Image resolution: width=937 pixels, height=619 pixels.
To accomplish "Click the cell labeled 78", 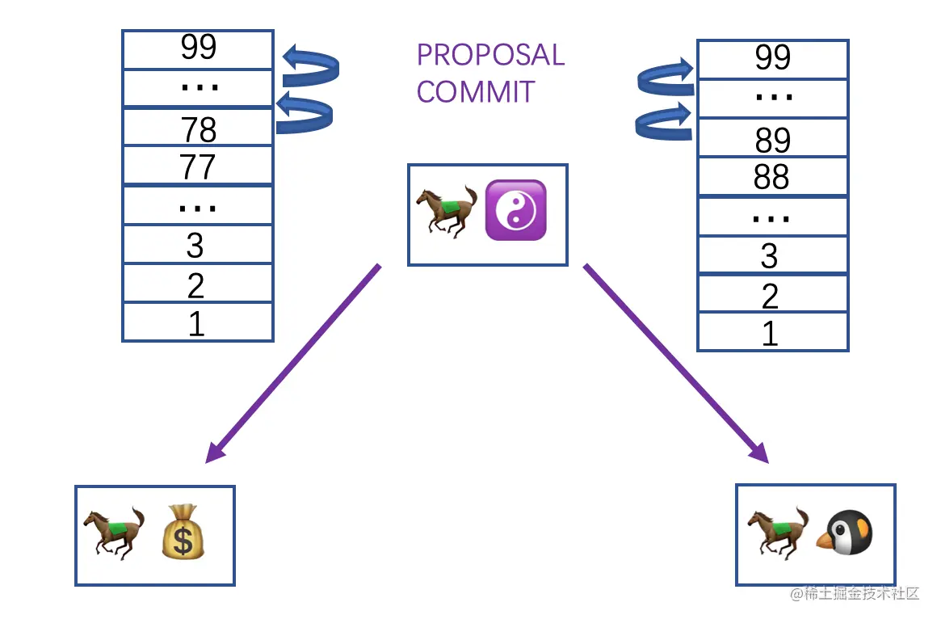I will click(x=198, y=128).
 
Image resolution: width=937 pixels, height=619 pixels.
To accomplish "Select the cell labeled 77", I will click(x=198, y=166).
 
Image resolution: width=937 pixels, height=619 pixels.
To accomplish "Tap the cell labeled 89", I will click(x=772, y=139).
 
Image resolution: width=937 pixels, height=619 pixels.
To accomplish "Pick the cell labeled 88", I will click(x=772, y=177).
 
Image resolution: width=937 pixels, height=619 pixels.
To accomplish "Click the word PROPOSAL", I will click(x=490, y=55).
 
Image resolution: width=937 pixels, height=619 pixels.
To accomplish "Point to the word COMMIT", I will click(x=476, y=91).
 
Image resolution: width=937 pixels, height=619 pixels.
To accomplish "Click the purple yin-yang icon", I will click(x=515, y=210).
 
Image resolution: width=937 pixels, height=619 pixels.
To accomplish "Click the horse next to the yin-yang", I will click(x=447, y=210).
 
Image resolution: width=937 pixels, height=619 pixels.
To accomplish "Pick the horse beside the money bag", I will click(x=114, y=533).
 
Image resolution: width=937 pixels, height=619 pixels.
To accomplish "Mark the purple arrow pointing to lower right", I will click(x=677, y=364).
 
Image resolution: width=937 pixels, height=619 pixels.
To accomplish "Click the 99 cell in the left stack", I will click(x=198, y=48).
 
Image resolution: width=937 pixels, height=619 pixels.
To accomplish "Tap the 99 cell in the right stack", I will click(x=772, y=58).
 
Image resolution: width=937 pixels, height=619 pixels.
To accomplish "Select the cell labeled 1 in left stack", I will click(x=198, y=323).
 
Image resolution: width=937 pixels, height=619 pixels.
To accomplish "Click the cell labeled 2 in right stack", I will click(x=772, y=295).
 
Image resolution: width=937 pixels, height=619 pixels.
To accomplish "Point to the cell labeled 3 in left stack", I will click(x=198, y=245).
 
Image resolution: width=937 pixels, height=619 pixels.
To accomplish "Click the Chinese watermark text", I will click(x=856, y=594).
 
